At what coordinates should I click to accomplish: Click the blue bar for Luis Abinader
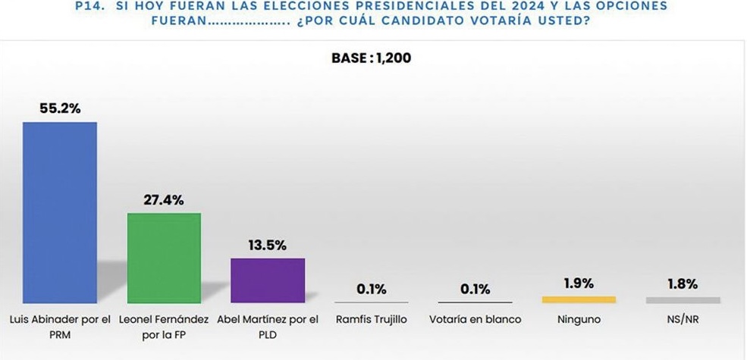click(60, 212)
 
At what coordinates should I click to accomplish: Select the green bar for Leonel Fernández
click(164, 258)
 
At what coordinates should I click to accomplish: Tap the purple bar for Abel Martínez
click(268, 280)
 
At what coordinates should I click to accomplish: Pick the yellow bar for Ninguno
click(579, 300)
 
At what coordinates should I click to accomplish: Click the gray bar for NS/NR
click(683, 300)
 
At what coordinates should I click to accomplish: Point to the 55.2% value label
click(60, 108)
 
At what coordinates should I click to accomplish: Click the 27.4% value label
click(164, 200)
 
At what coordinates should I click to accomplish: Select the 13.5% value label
click(268, 245)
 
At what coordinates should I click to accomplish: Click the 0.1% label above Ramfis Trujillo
click(372, 289)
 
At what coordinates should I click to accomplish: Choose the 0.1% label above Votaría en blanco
click(476, 289)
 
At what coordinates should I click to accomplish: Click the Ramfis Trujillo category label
click(372, 320)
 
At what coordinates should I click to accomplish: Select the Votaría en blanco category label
click(476, 320)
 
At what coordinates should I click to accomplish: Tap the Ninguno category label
click(579, 320)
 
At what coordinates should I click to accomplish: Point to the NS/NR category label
click(683, 320)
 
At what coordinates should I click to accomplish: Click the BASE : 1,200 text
click(372, 58)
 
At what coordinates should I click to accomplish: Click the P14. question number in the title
click(93, 6)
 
